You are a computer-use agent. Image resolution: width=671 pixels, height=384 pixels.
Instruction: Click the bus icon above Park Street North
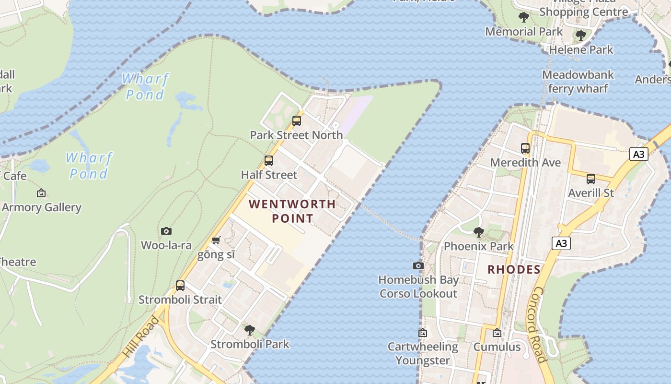click(x=297, y=121)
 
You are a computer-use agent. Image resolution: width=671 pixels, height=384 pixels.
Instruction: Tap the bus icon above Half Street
click(x=269, y=161)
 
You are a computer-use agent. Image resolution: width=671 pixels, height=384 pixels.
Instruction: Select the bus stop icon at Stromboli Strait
click(x=180, y=286)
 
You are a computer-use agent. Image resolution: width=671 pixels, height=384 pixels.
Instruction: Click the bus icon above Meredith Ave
click(x=525, y=148)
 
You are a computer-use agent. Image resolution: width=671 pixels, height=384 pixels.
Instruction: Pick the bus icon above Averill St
click(x=591, y=179)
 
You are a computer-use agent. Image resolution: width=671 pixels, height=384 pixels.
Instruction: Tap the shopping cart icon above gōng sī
click(x=216, y=240)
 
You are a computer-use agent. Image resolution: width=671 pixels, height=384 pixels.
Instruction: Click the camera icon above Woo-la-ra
click(x=166, y=231)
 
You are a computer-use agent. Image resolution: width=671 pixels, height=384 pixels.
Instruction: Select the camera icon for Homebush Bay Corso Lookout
click(x=418, y=265)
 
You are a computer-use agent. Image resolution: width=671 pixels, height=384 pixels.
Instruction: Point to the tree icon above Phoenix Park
click(x=478, y=232)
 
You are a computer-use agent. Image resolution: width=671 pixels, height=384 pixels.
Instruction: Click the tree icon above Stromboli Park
click(x=249, y=330)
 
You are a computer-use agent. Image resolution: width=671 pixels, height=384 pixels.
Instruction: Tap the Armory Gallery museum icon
click(x=41, y=193)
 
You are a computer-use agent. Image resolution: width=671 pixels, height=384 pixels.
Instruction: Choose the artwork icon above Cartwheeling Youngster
click(x=423, y=333)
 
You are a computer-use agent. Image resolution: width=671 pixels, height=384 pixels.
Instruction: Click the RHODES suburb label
click(x=514, y=270)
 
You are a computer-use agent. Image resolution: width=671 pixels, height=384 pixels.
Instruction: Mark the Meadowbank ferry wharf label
click(x=578, y=82)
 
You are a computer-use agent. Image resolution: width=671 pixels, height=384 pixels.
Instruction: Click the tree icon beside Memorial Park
click(x=524, y=17)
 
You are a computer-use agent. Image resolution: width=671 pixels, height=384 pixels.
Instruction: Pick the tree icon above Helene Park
click(x=581, y=36)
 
